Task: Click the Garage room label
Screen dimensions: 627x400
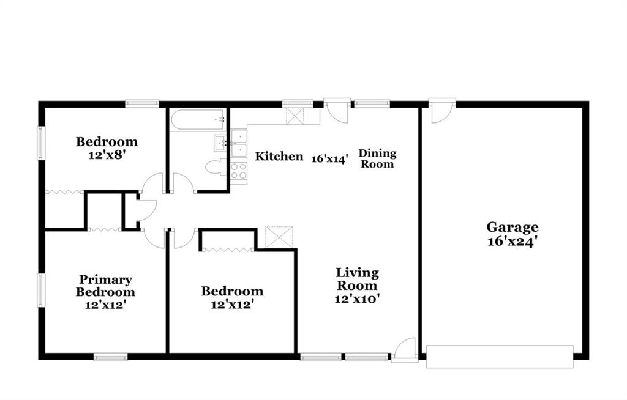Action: (x=512, y=228)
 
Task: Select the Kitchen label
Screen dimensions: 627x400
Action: (x=279, y=156)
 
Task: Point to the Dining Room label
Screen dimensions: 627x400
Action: (x=377, y=158)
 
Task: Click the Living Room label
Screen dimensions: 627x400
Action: (x=357, y=280)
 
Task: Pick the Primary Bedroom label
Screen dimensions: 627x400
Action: (x=105, y=286)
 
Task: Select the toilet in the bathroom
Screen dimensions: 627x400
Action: (x=216, y=167)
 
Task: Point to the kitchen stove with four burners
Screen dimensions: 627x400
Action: (x=239, y=171)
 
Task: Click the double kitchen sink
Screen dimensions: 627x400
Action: (x=239, y=143)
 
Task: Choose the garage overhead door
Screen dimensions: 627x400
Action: (x=500, y=357)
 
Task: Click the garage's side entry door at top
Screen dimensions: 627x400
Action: (x=442, y=110)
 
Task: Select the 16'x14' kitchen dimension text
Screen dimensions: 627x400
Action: (x=330, y=159)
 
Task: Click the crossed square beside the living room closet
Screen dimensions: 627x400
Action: (x=279, y=237)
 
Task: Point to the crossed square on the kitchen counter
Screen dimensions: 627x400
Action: (x=295, y=116)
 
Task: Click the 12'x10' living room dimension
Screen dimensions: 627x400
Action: (x=357, y=298)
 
